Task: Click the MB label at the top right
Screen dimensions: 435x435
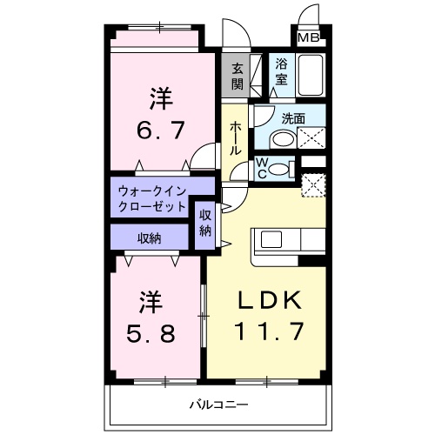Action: coord(308,37)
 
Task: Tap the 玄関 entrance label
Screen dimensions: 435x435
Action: coord(237,75)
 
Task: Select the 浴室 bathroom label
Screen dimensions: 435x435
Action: coord(282,70)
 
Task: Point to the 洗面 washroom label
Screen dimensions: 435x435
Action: coord(293,118)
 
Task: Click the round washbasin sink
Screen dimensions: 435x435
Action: coord(281,138)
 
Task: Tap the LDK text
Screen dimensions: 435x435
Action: coord(271,300)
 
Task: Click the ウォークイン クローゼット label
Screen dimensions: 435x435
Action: coord(152,198)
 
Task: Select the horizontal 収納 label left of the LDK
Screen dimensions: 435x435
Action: coord(150,238)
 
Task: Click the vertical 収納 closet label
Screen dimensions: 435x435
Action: coord(205,223)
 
